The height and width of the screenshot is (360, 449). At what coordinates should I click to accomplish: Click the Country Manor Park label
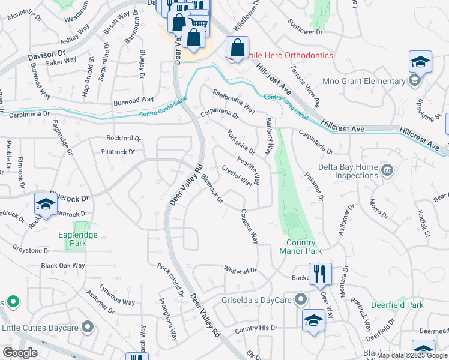tap(300, 247)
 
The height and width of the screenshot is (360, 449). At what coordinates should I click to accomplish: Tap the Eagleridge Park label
tap(77, 239)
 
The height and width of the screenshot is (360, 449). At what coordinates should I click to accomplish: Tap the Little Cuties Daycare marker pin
tap(88, 328)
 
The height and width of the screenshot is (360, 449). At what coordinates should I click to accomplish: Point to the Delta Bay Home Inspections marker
tap(387, 170)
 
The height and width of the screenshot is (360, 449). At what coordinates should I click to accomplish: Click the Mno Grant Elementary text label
tap(372, 81)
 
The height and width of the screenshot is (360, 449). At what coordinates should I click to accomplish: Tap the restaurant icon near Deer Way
tap(320, 274)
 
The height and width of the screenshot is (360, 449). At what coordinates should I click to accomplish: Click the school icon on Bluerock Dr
tap(46, 204)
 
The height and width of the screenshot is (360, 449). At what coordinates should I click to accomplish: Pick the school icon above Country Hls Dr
tap(314, 320)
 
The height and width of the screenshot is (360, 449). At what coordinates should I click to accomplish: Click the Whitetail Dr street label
tap(240, 271)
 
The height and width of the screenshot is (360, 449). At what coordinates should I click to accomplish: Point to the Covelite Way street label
tap(250, 226)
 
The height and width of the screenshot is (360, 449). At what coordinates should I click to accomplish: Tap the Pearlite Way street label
tap(249, 169)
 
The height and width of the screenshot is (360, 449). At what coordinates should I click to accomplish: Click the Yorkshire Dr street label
tap(241, 142)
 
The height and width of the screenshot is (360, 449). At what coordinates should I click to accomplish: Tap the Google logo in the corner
tap(20, 353)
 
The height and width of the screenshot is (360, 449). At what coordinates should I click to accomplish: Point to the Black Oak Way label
tap(63, 265)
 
